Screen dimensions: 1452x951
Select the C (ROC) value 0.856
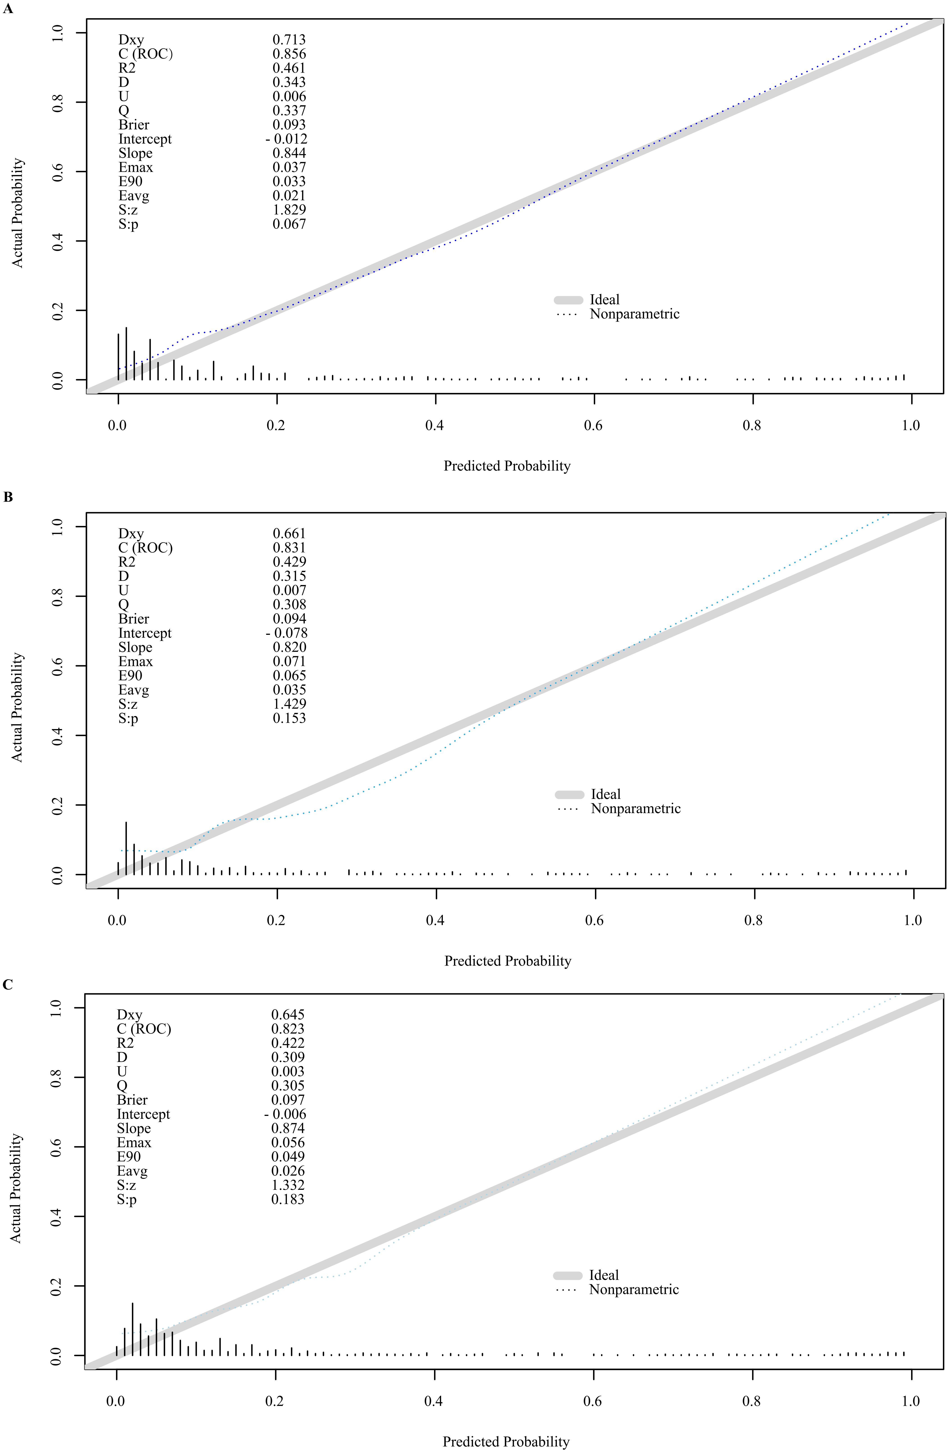pyautogui.click(x=289, y=54)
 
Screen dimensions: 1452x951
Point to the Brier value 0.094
pyautogui.click(x=289, y=619)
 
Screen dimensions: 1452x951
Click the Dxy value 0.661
pyautogui.click(x=289, y=534)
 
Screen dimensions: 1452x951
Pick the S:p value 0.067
pyautogui.click(x=289, y=224)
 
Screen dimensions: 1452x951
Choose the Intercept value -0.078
pyautogui.click(x=287, y=633)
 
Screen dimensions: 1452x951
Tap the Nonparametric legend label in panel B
pyautogui.click(x=636, y=809)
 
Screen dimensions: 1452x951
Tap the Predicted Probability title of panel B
pyautogui.click(x=508, y=961)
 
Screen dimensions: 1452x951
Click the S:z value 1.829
pyautogui.click(x=289, y=210)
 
